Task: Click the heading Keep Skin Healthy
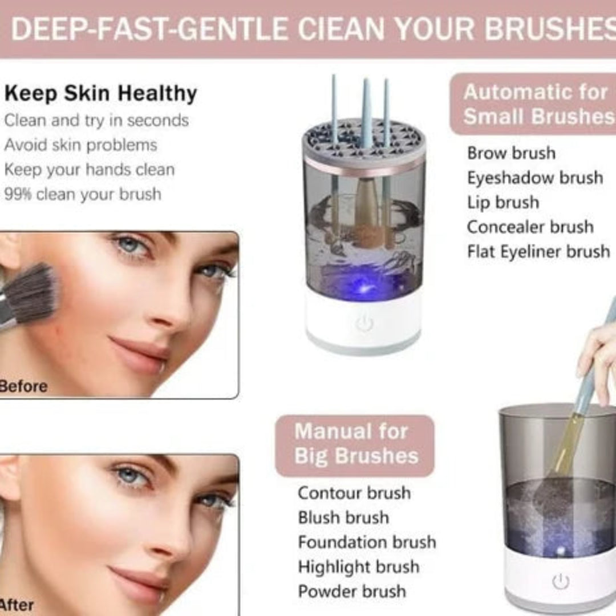pyautogui.click(x=100, y=94)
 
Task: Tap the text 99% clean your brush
pyautogui.click(x=83, y=194)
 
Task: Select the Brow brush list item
pyautogui.click(x=511, y=153)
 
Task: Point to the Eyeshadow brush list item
pyautogui.click(x=535, y=177)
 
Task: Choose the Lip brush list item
pyautogui.click(x=503, y=202)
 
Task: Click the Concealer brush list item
pyautogui.click(x=530, y=226)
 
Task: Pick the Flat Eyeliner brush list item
pyautogui.click(x=538, y=251)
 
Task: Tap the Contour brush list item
pyautogui.click(x=354, y=493)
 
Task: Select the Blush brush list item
pyautogui.click(x=343, y=517)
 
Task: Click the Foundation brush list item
pyautogui.click(x=367, y=542)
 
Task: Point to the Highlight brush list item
pyautogui.click(x=359, y=567)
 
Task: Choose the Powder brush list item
pyautogui.click(x=352, y=591)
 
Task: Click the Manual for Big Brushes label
pyautogui.click(x=355, y=444)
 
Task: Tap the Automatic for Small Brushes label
pyautogui.click(x=536, y=104)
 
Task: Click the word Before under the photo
pyautogui.click(x=23, y=386)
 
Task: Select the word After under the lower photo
pyautogui.click(x=17, y=605)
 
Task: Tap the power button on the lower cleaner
pyautogui.click(x=561, y=581)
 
